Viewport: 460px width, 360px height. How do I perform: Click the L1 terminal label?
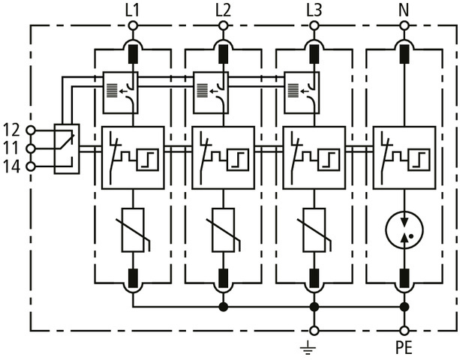tap(133, 10)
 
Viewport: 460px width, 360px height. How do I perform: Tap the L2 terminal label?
tap(223, 10)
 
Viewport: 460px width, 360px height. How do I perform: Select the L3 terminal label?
tap(314, 10)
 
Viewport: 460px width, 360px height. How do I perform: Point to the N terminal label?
tap(404, 10)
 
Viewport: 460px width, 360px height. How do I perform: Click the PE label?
tap(404, 349)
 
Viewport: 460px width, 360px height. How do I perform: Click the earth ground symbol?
tap(314, 347)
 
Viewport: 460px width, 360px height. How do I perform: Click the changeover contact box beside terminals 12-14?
tap(67, 148)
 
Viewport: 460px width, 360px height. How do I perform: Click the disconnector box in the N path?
tap(404, 157)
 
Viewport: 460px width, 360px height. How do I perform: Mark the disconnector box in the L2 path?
tap(223, 157)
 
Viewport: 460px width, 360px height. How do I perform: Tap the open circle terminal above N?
tap(404, 25)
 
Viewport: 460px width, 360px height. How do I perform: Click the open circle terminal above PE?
tap(404, 330)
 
